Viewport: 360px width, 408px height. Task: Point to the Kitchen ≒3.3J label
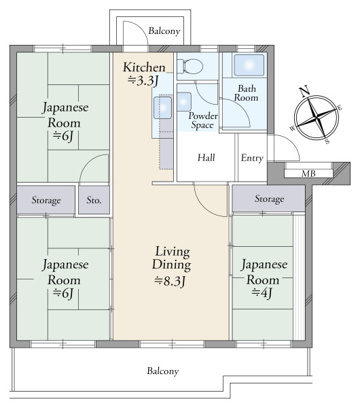click(143, 73)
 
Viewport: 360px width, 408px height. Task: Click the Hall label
click(206, 158)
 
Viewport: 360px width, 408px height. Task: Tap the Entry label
click(251, 158)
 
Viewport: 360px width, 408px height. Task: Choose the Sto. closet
click(94, 201)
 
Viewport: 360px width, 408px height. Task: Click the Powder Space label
click(202, 120)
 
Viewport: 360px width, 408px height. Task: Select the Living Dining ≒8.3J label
click(170, 265)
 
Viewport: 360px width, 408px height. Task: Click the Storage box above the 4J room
click(269, 199)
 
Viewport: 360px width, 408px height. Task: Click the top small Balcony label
click(164, 31)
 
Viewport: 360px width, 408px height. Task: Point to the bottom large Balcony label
click(163, 371)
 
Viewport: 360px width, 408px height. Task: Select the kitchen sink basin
click(162, 107)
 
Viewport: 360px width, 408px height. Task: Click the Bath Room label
click(246, 93)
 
